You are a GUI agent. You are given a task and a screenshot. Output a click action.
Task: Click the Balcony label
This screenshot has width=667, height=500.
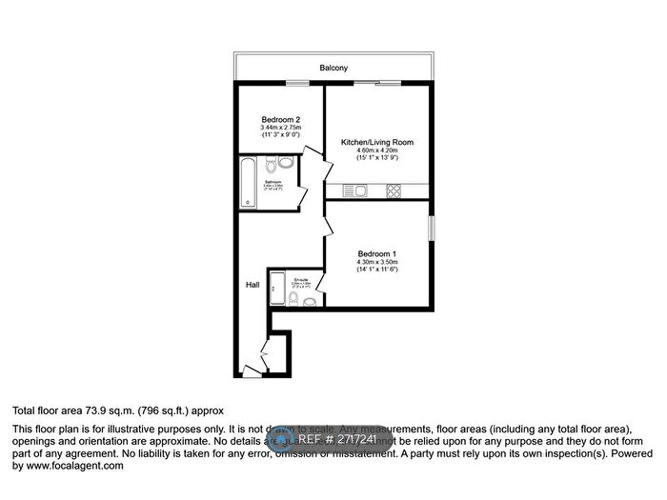[x=333, y=69]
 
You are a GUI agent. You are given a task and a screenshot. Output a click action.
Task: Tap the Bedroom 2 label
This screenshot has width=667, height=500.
[x=281, y=119]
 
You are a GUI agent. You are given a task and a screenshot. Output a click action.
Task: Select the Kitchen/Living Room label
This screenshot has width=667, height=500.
[x=376, y=143]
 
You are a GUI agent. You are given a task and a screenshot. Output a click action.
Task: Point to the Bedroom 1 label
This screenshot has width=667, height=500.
[x=376, y=253]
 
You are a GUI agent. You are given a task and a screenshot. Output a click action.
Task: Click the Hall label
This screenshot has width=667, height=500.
[x=253, y=284]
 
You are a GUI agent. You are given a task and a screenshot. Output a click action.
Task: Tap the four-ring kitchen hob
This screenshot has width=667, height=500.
[x=393, y=191]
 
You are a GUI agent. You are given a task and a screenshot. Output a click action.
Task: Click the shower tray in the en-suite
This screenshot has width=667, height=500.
[x=278, y=288]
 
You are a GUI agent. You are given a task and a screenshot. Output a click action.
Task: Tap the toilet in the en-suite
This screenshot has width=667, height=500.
[x=296, y=300]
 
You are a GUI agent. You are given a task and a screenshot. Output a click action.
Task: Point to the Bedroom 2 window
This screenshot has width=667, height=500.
[x=281, y=83]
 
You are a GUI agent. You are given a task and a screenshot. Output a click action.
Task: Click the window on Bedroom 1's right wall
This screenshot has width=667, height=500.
[x=432, y=229]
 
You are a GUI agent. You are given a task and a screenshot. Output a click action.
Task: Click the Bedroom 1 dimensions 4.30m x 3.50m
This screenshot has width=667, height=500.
[x=376, y=263]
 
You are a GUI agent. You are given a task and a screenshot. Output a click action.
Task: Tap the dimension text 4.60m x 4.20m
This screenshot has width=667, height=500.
[x=376, y=151]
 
